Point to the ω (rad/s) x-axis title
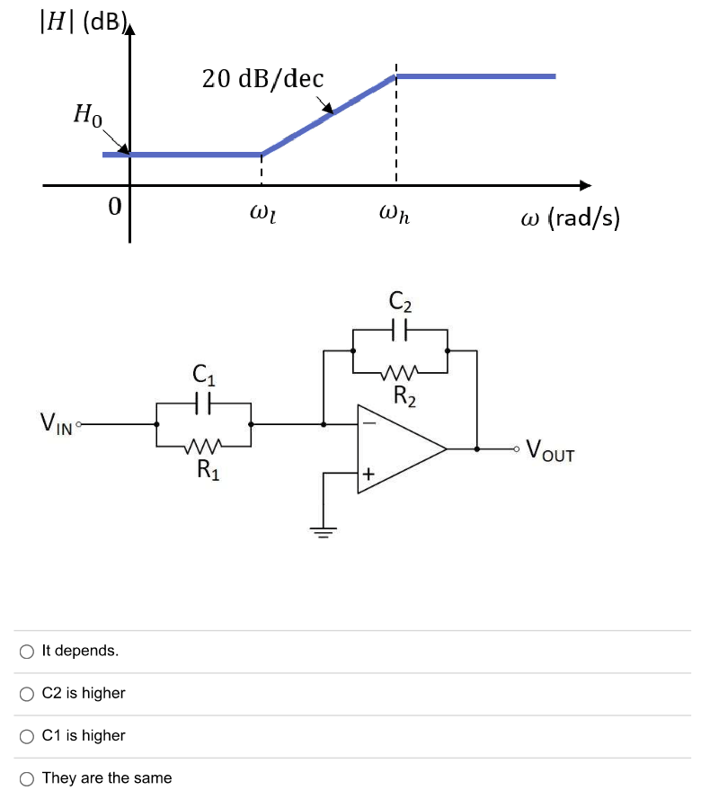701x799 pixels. coord(570,218)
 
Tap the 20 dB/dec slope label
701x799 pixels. coord(262,79)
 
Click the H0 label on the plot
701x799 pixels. coord(88,115)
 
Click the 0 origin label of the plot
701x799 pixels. coord(114,207)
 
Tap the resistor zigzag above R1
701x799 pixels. coord(203,445)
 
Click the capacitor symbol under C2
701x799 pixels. coord(400,330)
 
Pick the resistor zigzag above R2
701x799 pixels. coord(400,371)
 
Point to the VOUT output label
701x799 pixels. coord(550,448)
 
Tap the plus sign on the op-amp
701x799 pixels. coord(368,473)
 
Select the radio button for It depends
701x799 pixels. coord(27,651)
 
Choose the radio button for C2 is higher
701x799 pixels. coord(27,693)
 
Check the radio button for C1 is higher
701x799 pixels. coord(27,735)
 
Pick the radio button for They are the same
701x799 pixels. coord(27,777)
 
